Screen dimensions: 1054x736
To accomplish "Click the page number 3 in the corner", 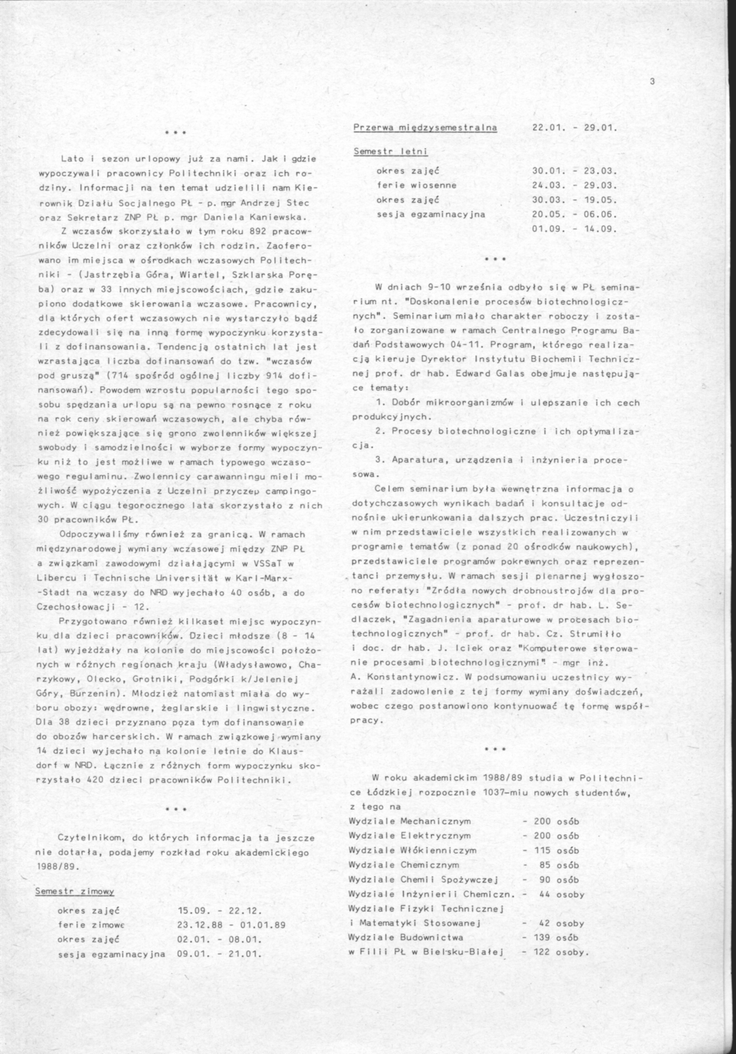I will coord(652,82).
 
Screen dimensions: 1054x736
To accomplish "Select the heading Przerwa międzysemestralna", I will coord(425,127).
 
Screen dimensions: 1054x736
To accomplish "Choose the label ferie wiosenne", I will coord(417,185).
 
